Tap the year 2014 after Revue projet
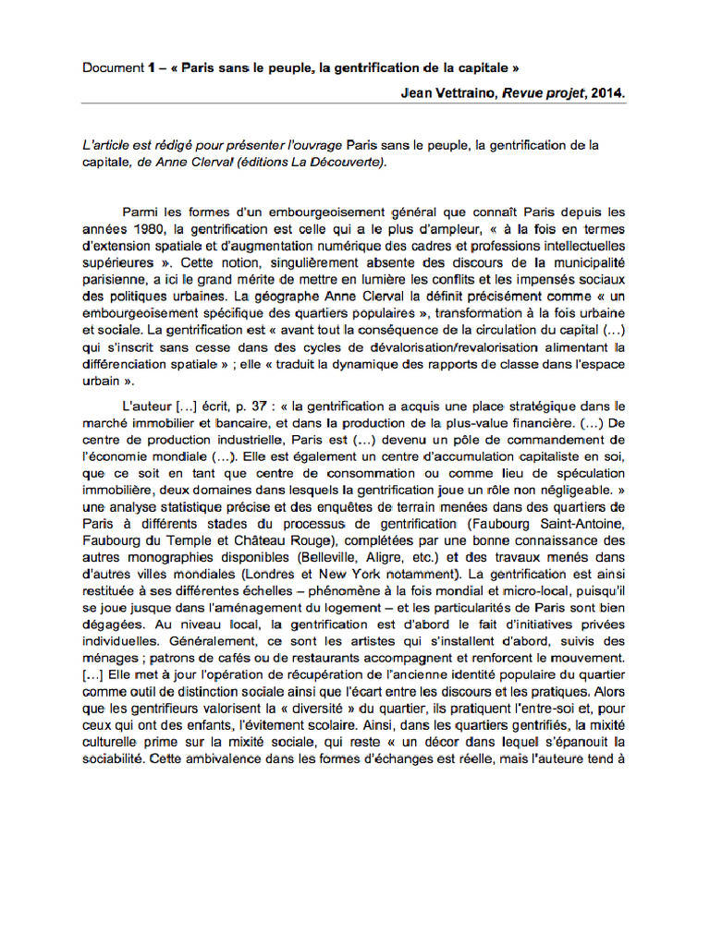(606, 92)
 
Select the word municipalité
(588, 263)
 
